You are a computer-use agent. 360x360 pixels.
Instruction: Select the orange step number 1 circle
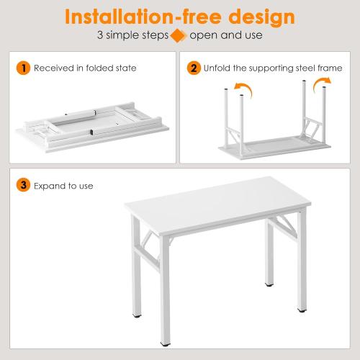click(24, 68)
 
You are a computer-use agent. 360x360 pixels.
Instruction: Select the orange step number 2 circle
click(193, 68)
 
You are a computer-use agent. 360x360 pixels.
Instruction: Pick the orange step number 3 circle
click(24, 186)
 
